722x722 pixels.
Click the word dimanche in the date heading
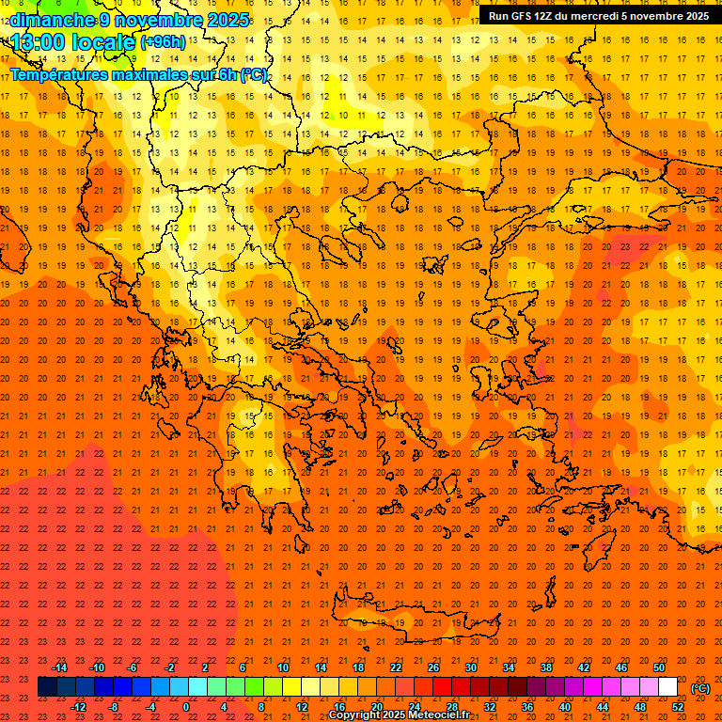coord(52,20)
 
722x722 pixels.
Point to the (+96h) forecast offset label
coord(162,42)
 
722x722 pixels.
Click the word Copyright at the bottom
coord(356,715)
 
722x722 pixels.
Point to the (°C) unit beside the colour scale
coord(700,688)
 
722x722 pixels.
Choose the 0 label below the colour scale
coord(186,706)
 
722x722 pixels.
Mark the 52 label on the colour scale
coord(678,706)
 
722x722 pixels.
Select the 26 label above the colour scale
coord(433,667)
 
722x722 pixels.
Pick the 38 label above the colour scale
coord(545,667)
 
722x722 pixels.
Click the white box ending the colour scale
coord(667,687)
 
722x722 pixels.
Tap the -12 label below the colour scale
coord(78,706)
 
